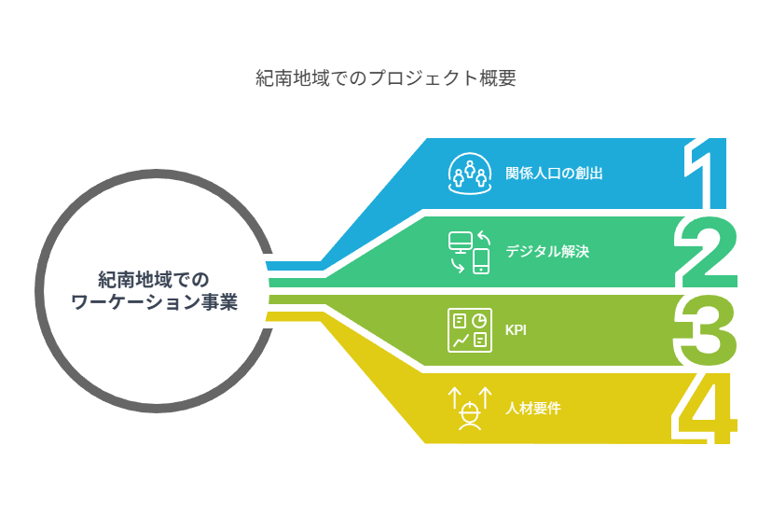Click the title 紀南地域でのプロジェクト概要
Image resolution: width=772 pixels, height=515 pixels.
[385, 77]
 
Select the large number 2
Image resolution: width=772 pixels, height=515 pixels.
[707, 252]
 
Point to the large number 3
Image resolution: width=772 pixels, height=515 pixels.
[705, 330]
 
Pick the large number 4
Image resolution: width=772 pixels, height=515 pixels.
[705, 409]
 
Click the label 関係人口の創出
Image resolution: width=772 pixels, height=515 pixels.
[554, 174]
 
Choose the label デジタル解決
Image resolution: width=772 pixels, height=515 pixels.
[547, 251]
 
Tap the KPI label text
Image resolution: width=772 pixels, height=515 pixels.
[516, 329]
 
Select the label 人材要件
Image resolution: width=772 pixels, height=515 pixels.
[533, 408]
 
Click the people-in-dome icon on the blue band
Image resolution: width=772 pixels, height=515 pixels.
[470, 174]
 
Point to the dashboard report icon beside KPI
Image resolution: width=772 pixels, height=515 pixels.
[470, 330]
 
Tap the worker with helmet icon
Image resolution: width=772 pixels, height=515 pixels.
[470, 416]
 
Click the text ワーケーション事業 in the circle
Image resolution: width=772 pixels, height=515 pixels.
[154, 301]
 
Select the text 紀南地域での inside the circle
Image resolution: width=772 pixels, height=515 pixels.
[154, 280]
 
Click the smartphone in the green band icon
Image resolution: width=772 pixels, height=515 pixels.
[481, 260]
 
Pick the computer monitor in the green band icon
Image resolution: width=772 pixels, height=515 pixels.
[461, 243]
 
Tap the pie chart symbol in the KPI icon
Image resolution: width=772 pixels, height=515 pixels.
[479, 321]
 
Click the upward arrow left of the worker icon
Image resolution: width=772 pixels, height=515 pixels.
[454, 398]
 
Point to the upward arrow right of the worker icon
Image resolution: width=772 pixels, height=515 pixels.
[486, 397]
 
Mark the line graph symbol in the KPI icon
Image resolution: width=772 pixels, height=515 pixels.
[461, 341]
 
